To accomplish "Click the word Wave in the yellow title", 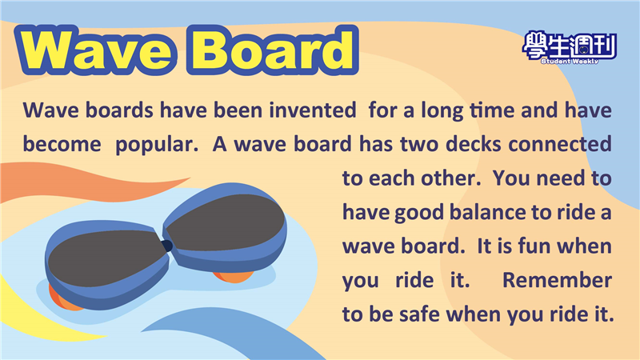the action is click(96, 50).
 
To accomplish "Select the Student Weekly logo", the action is click(570, 47).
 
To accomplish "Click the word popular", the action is click(157, 145).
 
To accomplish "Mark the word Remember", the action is click(557, 280).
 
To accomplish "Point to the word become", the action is click(62, 144).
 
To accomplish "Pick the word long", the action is click(442, 110).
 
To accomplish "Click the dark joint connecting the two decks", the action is click(167, 246).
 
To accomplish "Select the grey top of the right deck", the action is click(226, 222).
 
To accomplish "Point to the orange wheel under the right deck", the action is click(233, 277).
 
